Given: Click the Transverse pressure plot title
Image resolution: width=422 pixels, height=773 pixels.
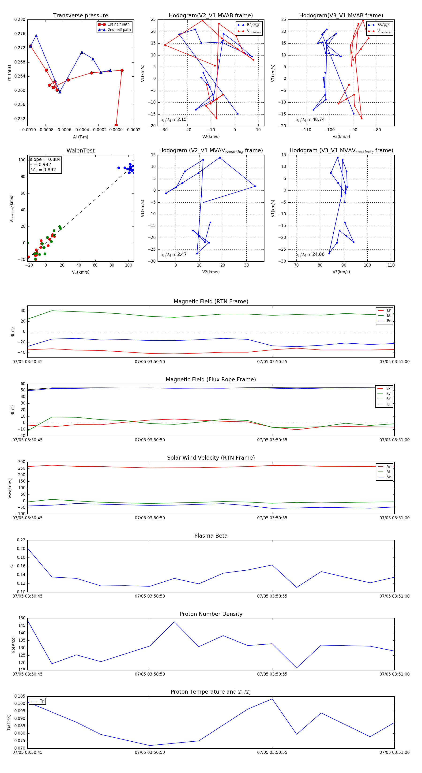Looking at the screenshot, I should (x=80, y=16).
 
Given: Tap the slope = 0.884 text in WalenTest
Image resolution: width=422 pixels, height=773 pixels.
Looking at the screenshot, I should (x=45, y=159).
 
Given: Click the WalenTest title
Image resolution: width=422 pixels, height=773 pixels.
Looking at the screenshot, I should (x=80, y=151).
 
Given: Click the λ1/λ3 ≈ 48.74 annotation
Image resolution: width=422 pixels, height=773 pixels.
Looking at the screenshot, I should (x=310, y=119).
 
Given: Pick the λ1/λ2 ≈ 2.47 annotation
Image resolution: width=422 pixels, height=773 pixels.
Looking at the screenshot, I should (x=173, y=254).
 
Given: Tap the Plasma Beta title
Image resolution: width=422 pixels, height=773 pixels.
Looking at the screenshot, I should (x=211, y=536).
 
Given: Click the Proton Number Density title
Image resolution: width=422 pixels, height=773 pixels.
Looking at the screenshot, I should (x=211, y=614).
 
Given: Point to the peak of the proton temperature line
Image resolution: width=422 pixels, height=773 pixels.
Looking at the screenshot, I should (x=272, y=699).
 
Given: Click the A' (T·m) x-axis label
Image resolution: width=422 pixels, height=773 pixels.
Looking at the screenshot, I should (x=80, y=137).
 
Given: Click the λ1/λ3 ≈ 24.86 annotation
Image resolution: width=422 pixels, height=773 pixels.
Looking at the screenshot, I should (x=310, y=254).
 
